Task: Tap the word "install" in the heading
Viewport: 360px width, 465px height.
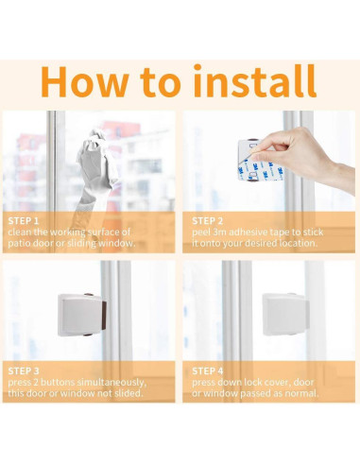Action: pos(254,80)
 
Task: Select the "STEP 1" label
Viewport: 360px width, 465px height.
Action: pos(24,220)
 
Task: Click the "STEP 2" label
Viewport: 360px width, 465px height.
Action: pos(207,221)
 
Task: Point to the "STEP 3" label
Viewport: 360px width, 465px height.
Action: pos(24,370)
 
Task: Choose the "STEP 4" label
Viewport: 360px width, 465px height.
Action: pos(208,370)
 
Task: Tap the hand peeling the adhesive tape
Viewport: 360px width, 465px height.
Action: pos(303,159)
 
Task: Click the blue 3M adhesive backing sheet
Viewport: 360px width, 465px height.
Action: pos(260,170)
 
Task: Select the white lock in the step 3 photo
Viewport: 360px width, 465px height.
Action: pos(81,315)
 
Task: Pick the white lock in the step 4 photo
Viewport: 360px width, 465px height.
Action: pos(284,314)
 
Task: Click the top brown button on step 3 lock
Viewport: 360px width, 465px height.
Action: pos(89,295)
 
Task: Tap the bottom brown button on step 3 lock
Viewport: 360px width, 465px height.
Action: pos(88,335)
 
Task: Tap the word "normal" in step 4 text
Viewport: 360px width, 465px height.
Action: pos(300,393)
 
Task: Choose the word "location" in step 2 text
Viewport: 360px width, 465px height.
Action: pos(296,243)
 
